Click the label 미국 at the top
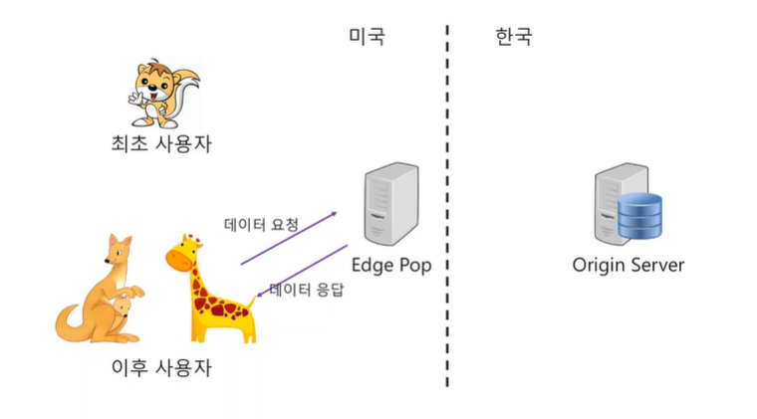[x=367, y=37]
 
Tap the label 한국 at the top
[x=513, y=37]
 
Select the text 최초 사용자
[x=160, y=144]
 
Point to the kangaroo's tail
[x=70, y=323]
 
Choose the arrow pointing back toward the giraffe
[x=302, y=269]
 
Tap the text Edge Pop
[x=390, y=266]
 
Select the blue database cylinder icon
[x=639, y=217]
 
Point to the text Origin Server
[x=629, y=266]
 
